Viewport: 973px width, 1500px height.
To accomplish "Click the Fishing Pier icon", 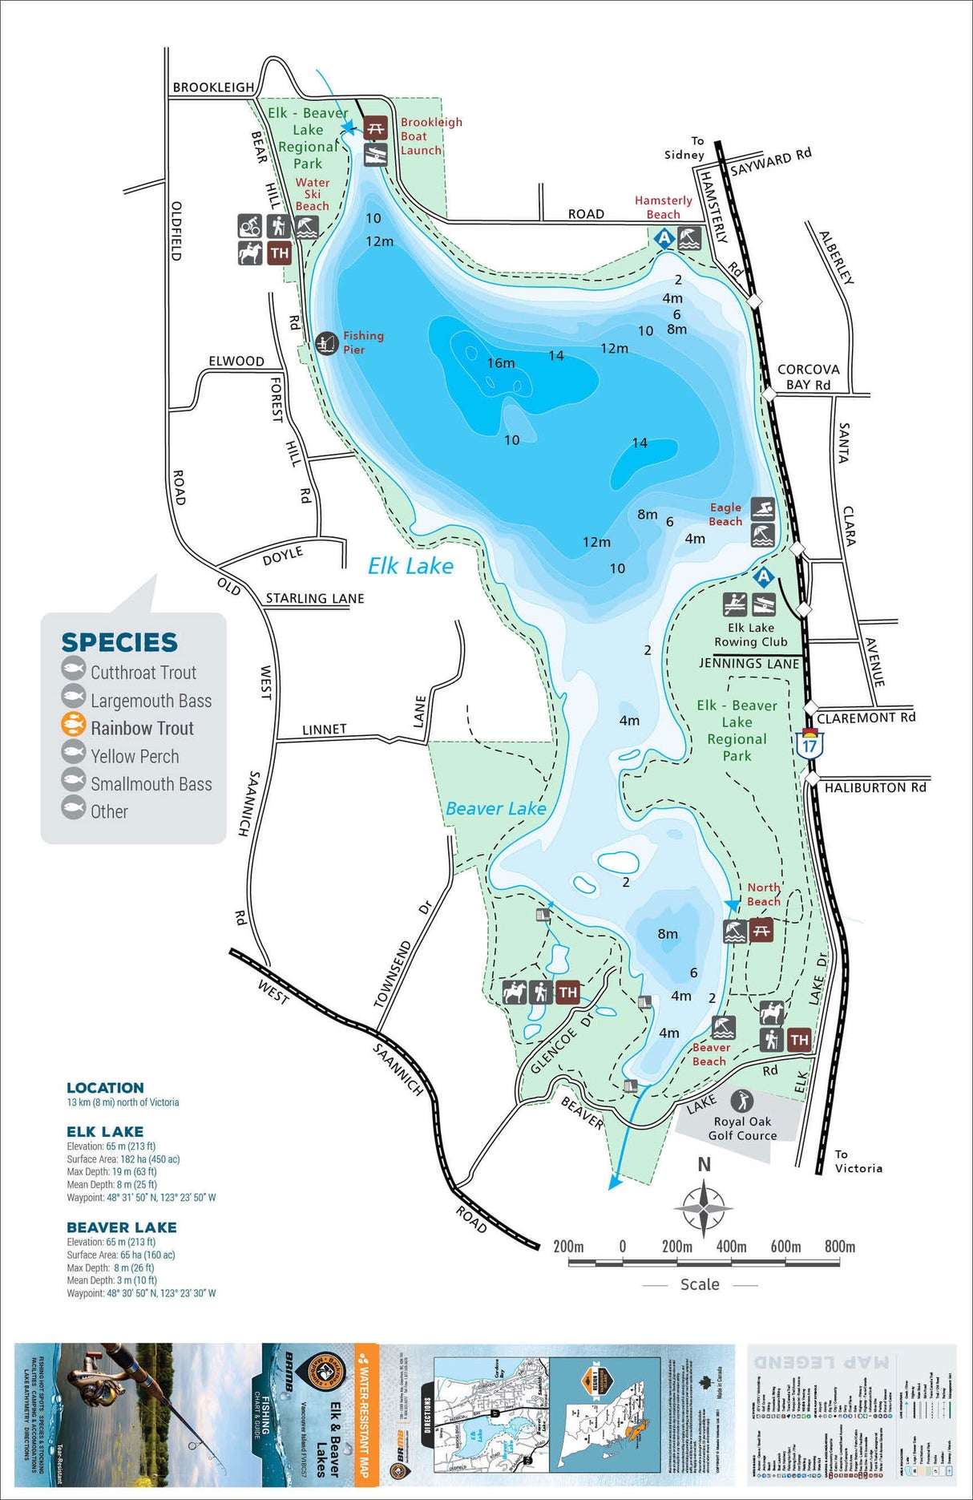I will [326, 343].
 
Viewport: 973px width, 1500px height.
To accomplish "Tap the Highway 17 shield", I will [809, 743].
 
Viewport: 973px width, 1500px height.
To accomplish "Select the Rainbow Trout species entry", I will [142, 728].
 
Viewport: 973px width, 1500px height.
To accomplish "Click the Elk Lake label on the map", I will [410, 566].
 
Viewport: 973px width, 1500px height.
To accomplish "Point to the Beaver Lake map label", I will [495, 808].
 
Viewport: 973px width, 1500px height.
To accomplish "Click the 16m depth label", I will [501, 363].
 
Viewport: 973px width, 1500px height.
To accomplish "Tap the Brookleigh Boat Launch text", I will [430, 136].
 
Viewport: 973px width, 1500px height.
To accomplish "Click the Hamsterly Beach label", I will [663, 207].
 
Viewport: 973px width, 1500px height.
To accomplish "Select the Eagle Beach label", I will [725, 514].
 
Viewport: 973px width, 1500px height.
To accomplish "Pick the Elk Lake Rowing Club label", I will [751, 635].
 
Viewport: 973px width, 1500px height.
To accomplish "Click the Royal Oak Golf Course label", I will [742, 1128].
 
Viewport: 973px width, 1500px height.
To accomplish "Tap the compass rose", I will [703, 1207].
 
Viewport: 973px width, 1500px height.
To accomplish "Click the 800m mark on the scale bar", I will [839, 1247].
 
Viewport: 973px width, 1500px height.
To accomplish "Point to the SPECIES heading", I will [119, 642].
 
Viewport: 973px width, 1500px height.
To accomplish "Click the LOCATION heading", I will [105, 1087].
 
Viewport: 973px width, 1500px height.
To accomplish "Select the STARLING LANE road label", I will [314, 598].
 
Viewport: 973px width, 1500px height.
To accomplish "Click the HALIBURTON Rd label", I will [875, 787].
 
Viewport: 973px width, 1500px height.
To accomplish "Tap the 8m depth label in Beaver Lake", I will [668, 933].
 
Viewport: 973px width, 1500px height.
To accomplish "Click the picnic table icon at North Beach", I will [761, 931].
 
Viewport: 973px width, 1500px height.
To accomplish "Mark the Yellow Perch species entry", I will [134, 756].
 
